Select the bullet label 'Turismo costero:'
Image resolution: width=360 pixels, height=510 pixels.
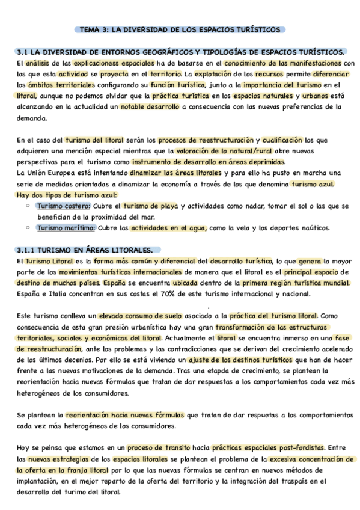click(x=63, y=206)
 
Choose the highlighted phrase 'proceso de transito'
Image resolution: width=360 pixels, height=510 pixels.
click(x=165, y=447)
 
